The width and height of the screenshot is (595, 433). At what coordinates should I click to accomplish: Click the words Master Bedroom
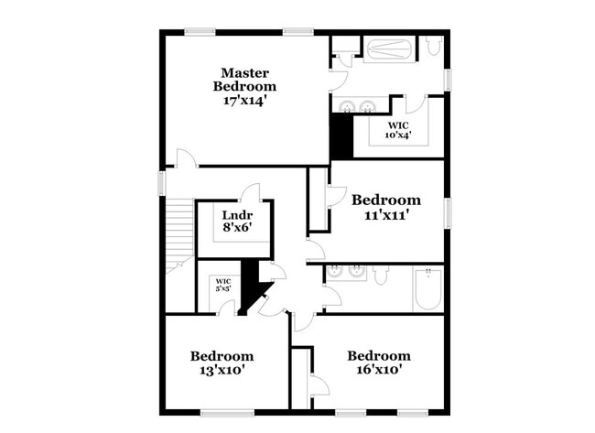(243, 79)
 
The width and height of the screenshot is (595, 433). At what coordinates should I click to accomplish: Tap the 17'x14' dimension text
(243, 100)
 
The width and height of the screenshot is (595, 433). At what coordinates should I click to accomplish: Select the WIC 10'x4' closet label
(398, 129)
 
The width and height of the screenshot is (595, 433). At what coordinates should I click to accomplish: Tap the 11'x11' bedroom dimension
(385, 215)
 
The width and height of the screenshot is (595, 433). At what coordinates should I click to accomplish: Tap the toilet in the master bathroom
(433, 46)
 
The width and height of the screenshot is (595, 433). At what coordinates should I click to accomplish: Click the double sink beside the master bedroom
(356, 105)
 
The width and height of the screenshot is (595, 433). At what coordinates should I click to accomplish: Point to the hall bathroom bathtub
(427, 287)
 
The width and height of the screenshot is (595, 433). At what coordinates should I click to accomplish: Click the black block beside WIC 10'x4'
(341, 130)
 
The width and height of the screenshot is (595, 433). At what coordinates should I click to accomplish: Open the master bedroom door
(186, 159)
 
